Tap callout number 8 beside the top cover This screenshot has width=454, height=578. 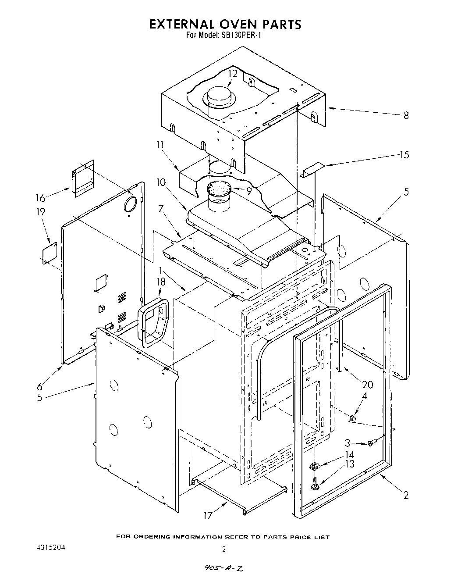[x=406, y=115]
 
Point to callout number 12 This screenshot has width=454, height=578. [x=232, y=74]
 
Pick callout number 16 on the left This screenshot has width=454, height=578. [x=40, y=198]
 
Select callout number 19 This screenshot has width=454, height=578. [x=40, y=212]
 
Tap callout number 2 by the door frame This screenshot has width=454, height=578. [x=406, y=496]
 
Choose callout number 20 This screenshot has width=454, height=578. [x=367, y=385]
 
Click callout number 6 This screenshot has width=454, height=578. [x=40, y=386]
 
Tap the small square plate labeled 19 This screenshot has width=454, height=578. [x=49, y=253]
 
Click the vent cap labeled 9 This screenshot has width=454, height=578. [x=218, y=189]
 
